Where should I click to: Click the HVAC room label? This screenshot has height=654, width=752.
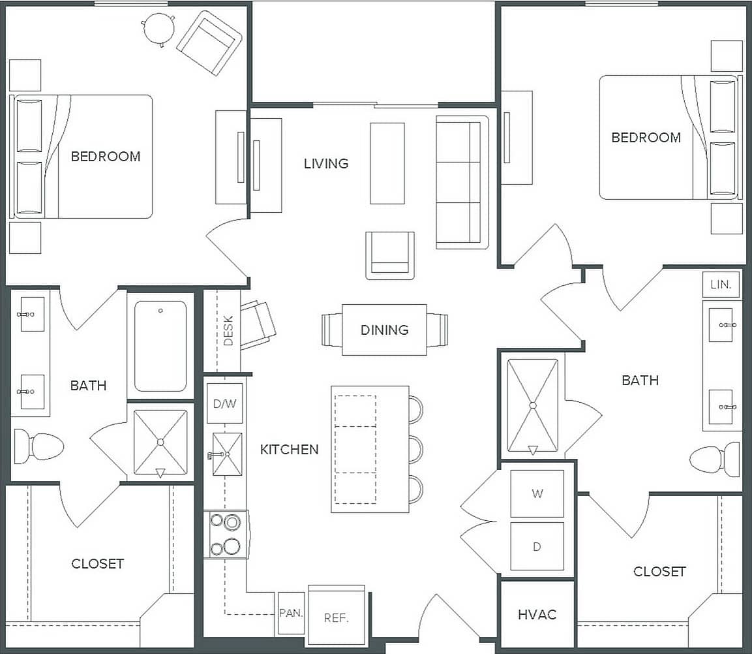(537, 614)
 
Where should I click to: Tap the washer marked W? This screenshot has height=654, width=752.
(537, 493)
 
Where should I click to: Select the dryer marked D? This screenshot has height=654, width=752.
(537, 546)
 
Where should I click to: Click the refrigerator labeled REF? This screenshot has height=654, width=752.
(337, 617)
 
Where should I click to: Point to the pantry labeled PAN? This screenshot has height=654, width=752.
(291, 614)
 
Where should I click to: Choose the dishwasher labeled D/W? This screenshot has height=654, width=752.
(224, 404)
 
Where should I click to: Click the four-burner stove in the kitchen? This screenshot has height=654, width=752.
(225, 534)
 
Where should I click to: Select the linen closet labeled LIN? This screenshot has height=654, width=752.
(721, 285)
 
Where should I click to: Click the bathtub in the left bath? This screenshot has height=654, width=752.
(160, 346)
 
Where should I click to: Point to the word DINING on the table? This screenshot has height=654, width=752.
(384, 330)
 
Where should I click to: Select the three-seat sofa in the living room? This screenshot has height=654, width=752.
(462, 182)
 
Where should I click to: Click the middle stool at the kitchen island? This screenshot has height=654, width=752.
(415, 449)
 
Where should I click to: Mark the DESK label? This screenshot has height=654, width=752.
(228, 334)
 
